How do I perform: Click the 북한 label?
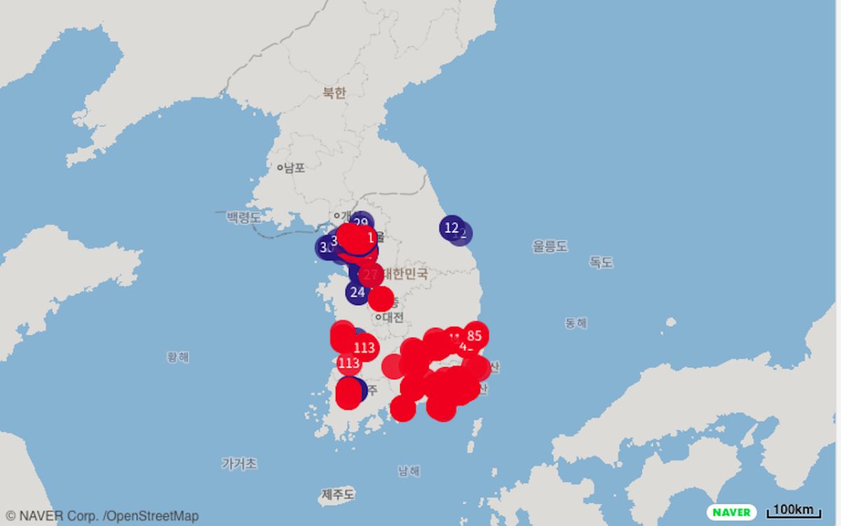tap(334, 93)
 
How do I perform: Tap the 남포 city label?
tap(294, 168)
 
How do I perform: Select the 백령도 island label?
tap(243, 217)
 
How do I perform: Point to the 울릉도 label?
tap(549, 246)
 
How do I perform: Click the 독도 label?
tap(601, 262)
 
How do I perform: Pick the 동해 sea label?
tap(576, 323)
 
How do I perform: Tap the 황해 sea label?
tap(178, 357)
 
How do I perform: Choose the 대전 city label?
tap(392, 317)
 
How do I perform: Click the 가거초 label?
tap(239, 464)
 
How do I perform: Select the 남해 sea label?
tap(409, 471)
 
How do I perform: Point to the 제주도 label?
tap(338, 494)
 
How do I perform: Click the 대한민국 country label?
tap(405, 274)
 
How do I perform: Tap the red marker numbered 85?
tap(474, 335)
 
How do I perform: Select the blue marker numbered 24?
tap(357, 292)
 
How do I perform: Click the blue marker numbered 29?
tap(361, 223)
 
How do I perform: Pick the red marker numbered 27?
tap(371, 275)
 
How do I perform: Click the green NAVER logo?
tap(731, 512)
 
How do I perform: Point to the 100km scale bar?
tap(794, 511)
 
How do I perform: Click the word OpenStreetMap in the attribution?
tap(152, 516)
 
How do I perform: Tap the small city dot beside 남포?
tap(280, 168)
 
